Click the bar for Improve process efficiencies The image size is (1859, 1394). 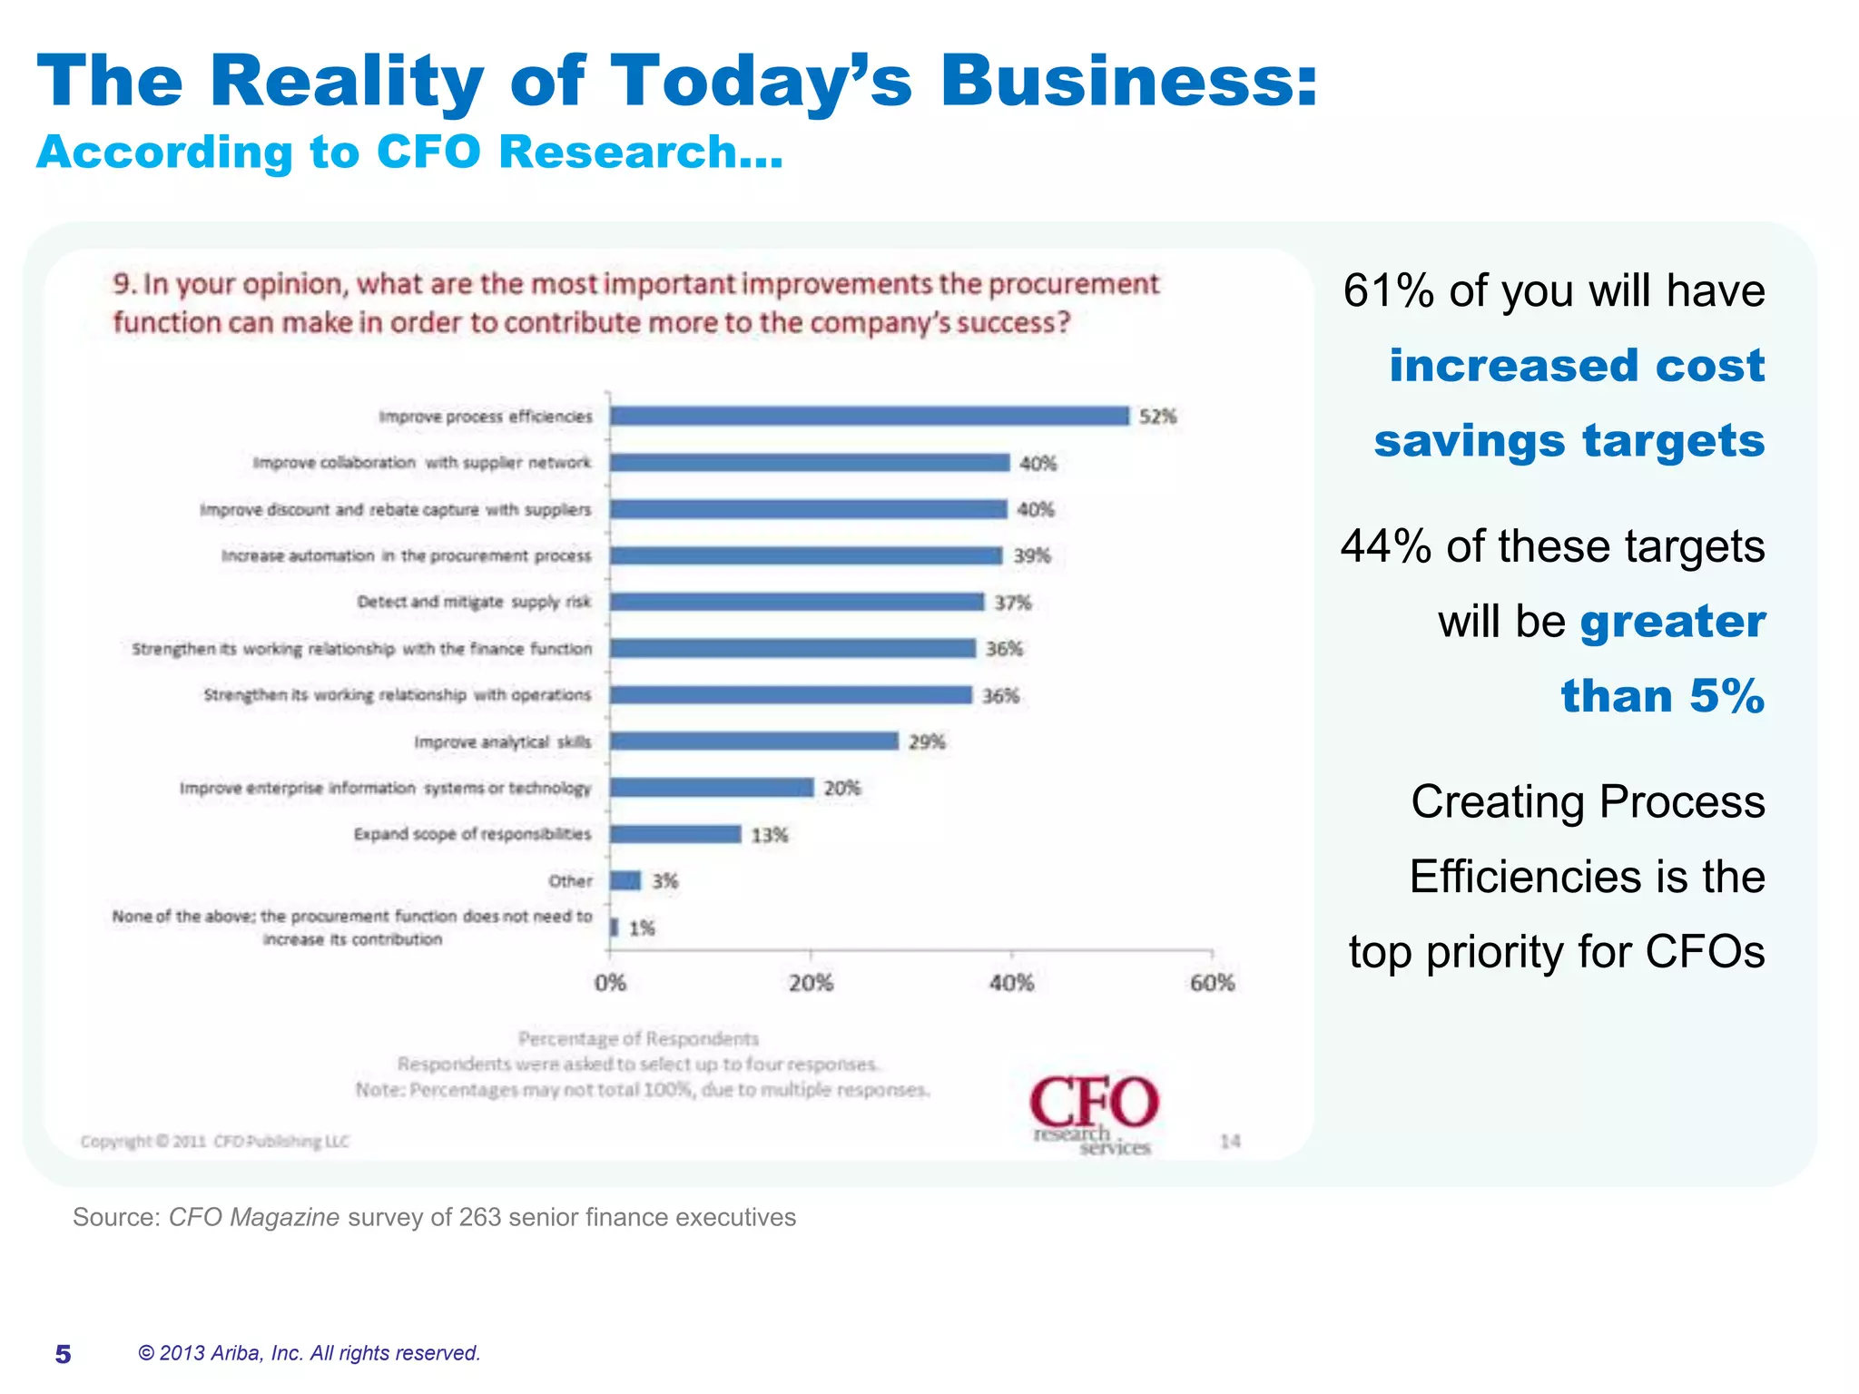click(869, 416)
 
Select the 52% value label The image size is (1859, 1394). click(1157, 417)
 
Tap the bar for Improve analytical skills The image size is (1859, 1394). click(753, 741)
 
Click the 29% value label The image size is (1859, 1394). click(927, 742)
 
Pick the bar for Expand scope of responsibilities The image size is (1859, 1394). click(675, 834)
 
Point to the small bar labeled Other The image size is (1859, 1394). click(625, 880)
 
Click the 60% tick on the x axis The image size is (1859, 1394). click(1212, 983)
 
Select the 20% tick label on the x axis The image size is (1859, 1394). click(811, 983)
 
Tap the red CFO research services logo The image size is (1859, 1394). click(1094, 1114)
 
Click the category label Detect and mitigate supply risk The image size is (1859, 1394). click(473, 602)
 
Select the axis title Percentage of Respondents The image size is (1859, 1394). click(638, 1038)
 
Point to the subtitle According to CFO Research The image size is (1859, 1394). click(409, 152)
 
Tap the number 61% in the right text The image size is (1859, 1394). click(1387, 291)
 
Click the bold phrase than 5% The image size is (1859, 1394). click(1662, 696)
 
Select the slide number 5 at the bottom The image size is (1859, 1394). click(63, 1354)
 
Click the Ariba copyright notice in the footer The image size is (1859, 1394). click(309, 1353)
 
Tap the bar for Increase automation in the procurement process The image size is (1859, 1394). click(805, 555)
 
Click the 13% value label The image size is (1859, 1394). click(769, 835)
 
